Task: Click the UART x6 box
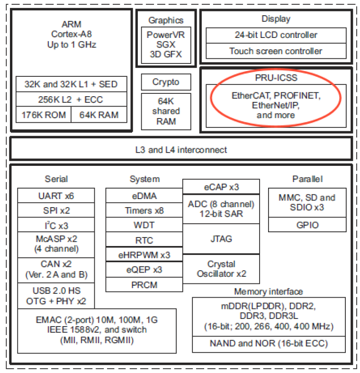click(x=56, y=195)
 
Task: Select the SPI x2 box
click(x=56, y=210)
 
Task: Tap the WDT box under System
click(x=144, y=225)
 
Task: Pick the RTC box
click(x=144, y=240)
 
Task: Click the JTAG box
click(x=221, y=239)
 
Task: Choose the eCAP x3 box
click(x=221, y=187)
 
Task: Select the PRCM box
click(x=144, y=284)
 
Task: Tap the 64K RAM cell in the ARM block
click(x=99, y=115)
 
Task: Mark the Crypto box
click(x=166, y=82)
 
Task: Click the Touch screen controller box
click(x=276, y=51)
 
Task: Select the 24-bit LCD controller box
click(x=276, y=35)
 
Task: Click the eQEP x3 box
click(x=144, y=269)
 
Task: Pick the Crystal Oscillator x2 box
click(x=221, y=269)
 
